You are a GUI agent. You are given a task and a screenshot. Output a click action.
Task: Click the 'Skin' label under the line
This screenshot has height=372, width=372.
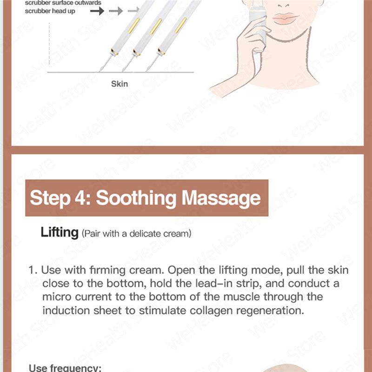click(x=119, y=84)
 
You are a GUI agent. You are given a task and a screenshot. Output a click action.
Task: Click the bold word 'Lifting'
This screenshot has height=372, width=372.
click(x=59, y=232)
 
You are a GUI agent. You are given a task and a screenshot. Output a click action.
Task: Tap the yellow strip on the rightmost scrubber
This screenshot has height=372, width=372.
click(x=180, y=25)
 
